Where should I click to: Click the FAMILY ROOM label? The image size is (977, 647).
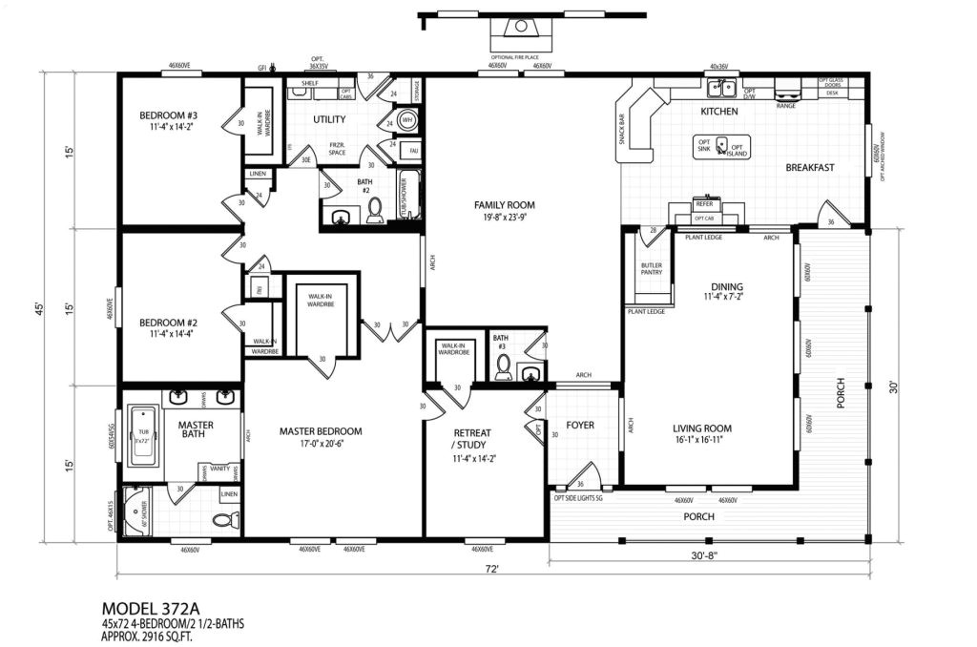pos(505,205)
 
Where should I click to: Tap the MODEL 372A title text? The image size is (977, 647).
pos(154,608)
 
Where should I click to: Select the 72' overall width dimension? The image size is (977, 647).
pos(490,569)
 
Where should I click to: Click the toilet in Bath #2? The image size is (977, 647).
pos(374,207)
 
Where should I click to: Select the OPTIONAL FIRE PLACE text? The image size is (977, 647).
pos(518,56)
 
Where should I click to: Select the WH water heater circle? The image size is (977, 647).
pos(406,121)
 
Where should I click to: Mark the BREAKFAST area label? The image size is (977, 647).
pos(810,168)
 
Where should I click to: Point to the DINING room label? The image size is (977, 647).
pos(727,286)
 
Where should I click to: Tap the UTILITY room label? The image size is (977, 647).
pos(329,120)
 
